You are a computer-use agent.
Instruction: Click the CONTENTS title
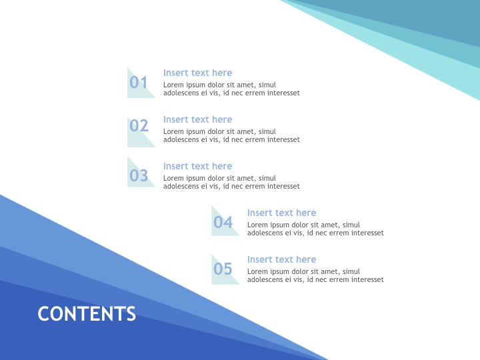87,314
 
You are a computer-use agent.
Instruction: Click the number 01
139,83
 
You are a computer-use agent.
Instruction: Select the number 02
139,125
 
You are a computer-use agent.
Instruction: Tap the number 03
139,176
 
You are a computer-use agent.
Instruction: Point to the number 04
223,223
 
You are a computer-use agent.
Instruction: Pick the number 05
223,269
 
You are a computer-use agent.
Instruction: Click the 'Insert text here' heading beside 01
197,73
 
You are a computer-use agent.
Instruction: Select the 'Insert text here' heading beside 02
197,119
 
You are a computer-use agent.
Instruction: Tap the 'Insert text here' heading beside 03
197,166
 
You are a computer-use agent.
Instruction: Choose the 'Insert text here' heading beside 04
281,213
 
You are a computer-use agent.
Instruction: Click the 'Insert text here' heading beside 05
281,259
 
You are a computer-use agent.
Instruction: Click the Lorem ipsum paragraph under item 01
231,89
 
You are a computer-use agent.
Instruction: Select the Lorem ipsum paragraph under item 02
231,136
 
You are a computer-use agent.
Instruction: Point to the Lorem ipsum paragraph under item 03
231,183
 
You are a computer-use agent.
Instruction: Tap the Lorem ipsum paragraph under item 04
315,229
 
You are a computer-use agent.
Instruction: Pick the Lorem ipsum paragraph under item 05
315,276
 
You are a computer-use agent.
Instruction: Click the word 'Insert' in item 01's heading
176,73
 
